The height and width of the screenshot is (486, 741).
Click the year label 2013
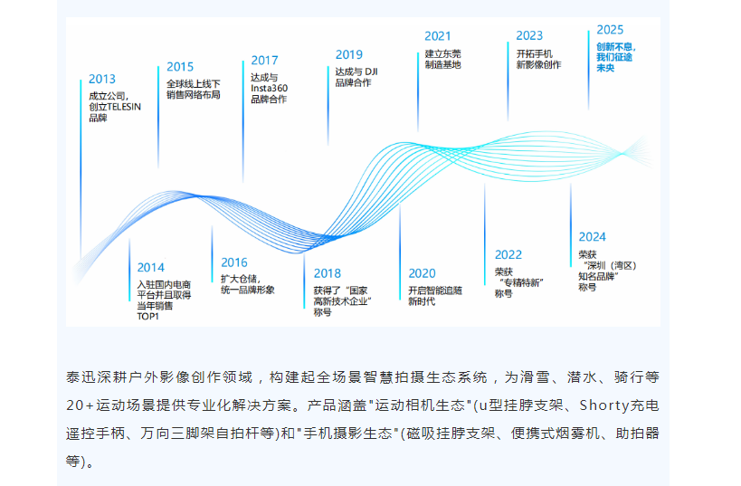(102, 79)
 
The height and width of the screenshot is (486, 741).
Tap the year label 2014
(151, 268)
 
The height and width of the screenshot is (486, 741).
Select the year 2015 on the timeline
(180, 67)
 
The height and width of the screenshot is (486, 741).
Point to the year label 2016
(234, 262)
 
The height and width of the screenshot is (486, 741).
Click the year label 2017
(264, 61)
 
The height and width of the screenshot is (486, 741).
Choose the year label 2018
(327, 273)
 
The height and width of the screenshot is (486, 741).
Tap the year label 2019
(349, 55)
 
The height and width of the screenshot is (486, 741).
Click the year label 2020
(422, 273)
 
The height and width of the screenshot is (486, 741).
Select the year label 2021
(438, 36)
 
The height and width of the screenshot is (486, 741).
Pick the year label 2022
(508, 255)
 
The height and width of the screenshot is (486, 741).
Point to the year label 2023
(529, 36)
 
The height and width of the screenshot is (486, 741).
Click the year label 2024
(592, 237)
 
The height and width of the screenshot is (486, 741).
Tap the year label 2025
(610, 30)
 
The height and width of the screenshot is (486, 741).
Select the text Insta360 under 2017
(269, 89)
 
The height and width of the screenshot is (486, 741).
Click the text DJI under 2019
(371, 71)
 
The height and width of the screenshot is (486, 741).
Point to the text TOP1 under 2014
(147, 316)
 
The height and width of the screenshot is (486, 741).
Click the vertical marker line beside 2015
(158, 118)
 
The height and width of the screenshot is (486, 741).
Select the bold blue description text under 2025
(616, 57)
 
